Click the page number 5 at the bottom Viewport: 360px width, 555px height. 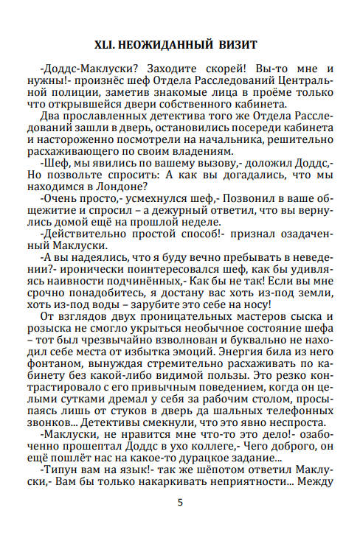click(x=179, y=503)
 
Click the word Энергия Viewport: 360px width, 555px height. click(x=237, y=353)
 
